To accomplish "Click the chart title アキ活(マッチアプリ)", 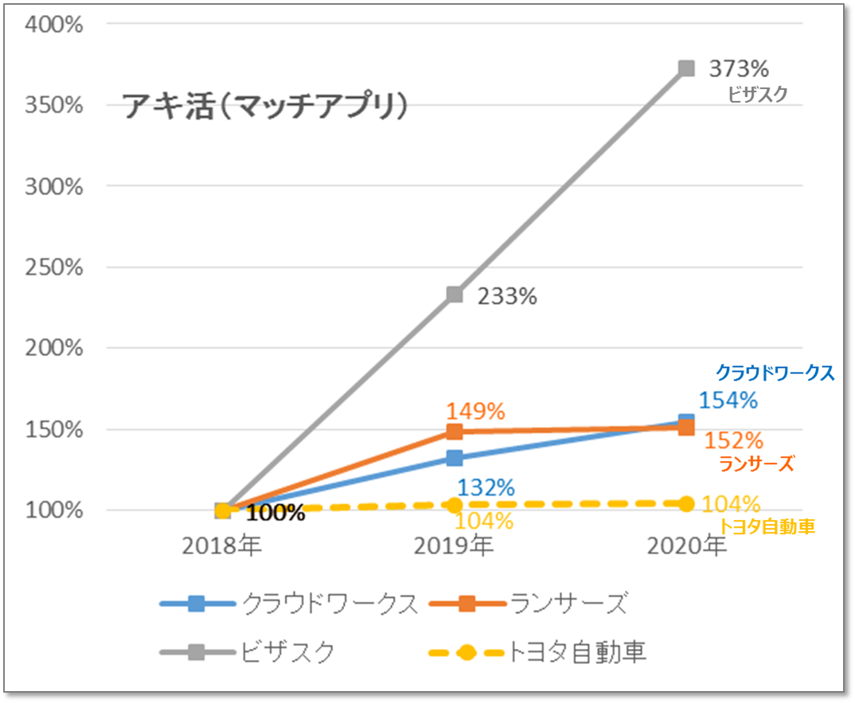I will (265, 106).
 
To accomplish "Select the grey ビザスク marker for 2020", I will (686, 68).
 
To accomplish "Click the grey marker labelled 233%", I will (455, 295).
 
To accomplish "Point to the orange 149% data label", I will (475, 411).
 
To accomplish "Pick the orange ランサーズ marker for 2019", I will (455, 432).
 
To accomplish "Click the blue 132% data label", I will (486, 487).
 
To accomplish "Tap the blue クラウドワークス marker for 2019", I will (455, 458).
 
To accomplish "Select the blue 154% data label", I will (728, 400).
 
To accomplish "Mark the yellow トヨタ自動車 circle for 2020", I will (686, 503).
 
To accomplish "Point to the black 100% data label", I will (275, 513).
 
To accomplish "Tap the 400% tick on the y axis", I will (55, 24).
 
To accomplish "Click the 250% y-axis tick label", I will (55, 268).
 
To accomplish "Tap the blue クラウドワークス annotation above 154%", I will (774, 372).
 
